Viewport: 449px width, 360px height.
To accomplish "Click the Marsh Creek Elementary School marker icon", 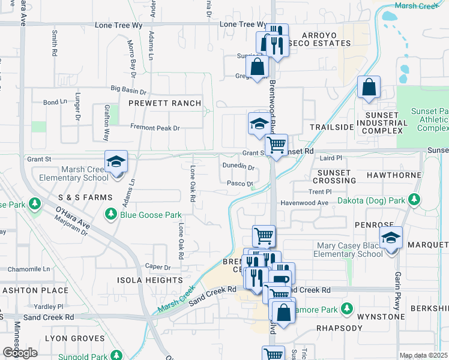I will pos(116,162).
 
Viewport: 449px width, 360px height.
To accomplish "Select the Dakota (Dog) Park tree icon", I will pos(414,199).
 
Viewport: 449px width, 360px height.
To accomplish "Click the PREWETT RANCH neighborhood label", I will pos(165,103).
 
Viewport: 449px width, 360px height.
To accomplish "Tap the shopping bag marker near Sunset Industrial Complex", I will pos(369,88).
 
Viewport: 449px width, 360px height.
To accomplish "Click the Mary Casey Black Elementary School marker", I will pos(391,238).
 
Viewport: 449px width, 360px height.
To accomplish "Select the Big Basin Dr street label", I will pos(128,91).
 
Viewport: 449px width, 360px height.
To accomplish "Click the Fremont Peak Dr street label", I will pos(155,128).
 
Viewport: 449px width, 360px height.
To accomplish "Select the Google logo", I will pos(20,352).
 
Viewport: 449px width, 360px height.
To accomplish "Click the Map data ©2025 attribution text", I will pos(423,355).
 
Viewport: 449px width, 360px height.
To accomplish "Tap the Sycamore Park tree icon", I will pos(346,310).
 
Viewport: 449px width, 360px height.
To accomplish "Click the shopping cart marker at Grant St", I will pos(276,145).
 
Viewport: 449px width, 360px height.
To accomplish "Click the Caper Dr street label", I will pos(158,266).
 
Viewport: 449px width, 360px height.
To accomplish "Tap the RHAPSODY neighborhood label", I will pos(339,328).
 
